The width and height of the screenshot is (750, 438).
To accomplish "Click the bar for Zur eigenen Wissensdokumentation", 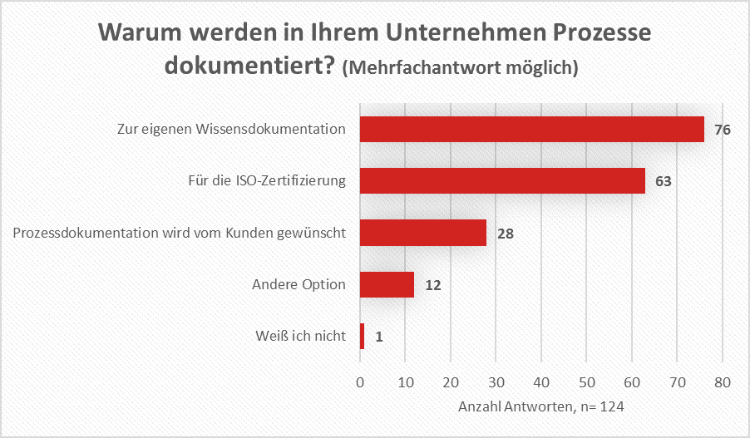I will [532, 130].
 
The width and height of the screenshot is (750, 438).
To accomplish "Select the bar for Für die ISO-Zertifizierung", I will [502, 181].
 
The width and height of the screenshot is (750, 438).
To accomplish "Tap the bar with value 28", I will [423, 233].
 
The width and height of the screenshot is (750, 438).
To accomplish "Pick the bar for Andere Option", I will [387, 285].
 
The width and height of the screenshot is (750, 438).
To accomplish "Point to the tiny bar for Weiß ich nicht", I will [362, 337].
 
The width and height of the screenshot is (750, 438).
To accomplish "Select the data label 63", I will [663, 182].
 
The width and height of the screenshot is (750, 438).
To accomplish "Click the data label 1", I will [378, 337].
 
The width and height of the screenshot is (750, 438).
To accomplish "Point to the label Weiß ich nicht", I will [301, 337].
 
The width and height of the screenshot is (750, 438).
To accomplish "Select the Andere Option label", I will [299, 284].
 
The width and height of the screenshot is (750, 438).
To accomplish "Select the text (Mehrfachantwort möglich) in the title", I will [460, 67].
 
